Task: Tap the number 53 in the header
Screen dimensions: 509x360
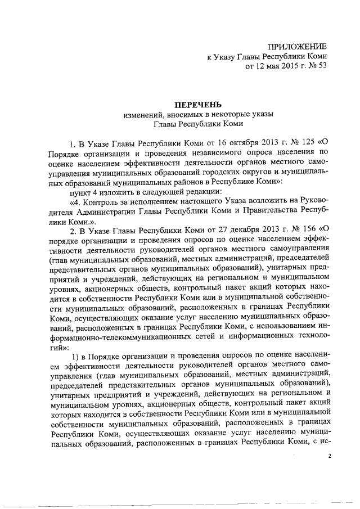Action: click(321, 67)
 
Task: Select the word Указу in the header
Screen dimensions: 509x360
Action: click(226, 56)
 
